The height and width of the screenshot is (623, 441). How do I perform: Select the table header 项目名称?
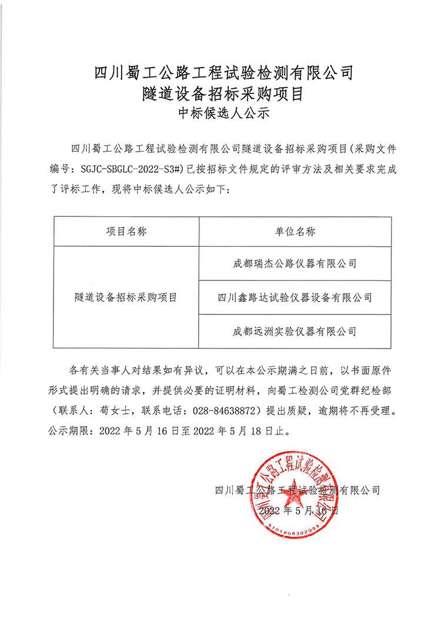tap(126, 231)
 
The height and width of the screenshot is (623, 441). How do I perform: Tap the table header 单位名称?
tap(295, 231)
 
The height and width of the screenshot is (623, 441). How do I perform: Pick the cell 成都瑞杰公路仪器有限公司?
tap(295, 264)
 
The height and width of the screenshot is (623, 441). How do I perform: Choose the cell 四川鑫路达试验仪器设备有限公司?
tap(295, 297)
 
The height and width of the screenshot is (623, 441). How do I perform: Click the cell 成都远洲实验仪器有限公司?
tap(295, 331)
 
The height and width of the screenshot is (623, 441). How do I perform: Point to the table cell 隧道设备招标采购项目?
tap(126, 297)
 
